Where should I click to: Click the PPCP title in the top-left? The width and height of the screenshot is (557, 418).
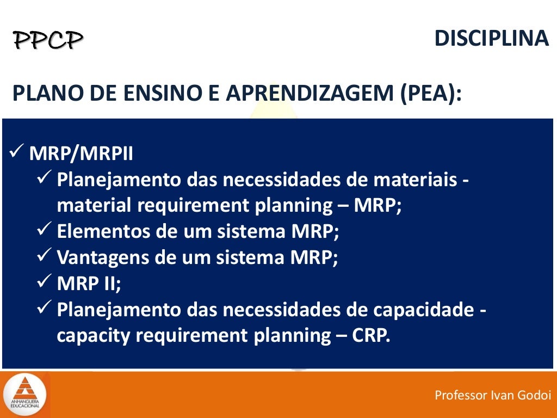pos(48,40)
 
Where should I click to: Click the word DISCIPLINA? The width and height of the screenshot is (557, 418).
pos(492,39)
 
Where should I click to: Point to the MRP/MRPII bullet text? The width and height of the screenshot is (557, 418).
pos(81,153)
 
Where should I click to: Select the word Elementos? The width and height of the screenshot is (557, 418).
pos(103,232)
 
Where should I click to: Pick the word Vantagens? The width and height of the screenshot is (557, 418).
pos(102,257)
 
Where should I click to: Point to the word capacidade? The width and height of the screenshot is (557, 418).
pos(416,310)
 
